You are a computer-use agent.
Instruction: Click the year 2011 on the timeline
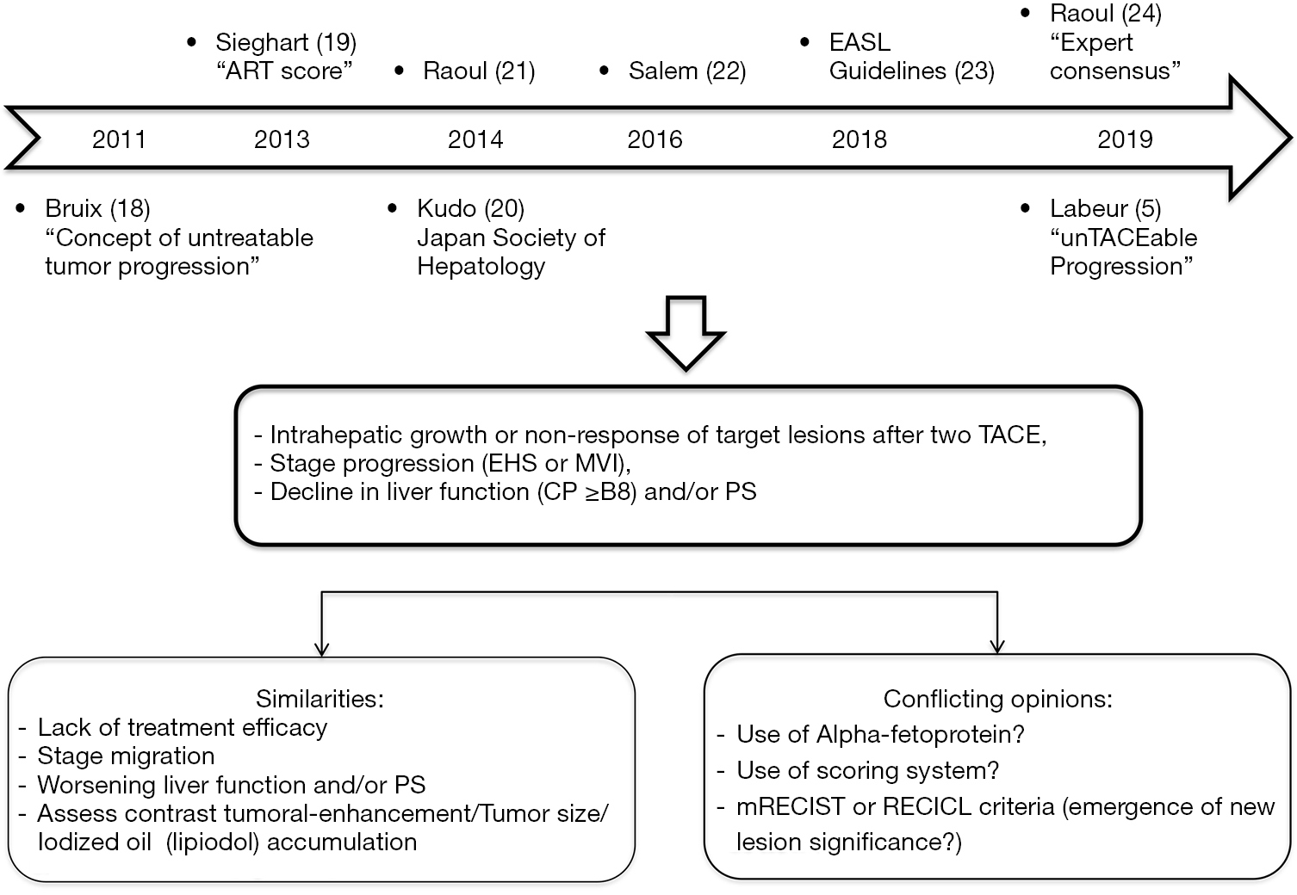coord(119,139)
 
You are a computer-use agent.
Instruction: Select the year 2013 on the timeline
coord(282,139)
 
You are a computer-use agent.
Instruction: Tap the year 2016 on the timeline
coord(655,139)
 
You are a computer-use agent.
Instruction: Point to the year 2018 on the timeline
coord(859,139)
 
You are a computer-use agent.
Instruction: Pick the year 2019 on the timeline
coord(1125,139)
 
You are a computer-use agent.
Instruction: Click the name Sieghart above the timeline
coord(262,43)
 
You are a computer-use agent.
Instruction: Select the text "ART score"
coord(283,71)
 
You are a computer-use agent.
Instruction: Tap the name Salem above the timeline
coord(663,71)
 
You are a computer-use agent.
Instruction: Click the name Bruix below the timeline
coord(73,208)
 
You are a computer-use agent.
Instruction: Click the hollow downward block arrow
coord(686,333)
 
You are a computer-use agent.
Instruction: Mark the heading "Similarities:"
coord(320,699)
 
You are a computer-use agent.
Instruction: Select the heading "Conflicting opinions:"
coord(997,699)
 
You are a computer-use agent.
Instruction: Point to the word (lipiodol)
coord(212,843)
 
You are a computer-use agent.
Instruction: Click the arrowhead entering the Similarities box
coord(321,649)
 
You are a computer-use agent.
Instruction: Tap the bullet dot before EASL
coord(804,41)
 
